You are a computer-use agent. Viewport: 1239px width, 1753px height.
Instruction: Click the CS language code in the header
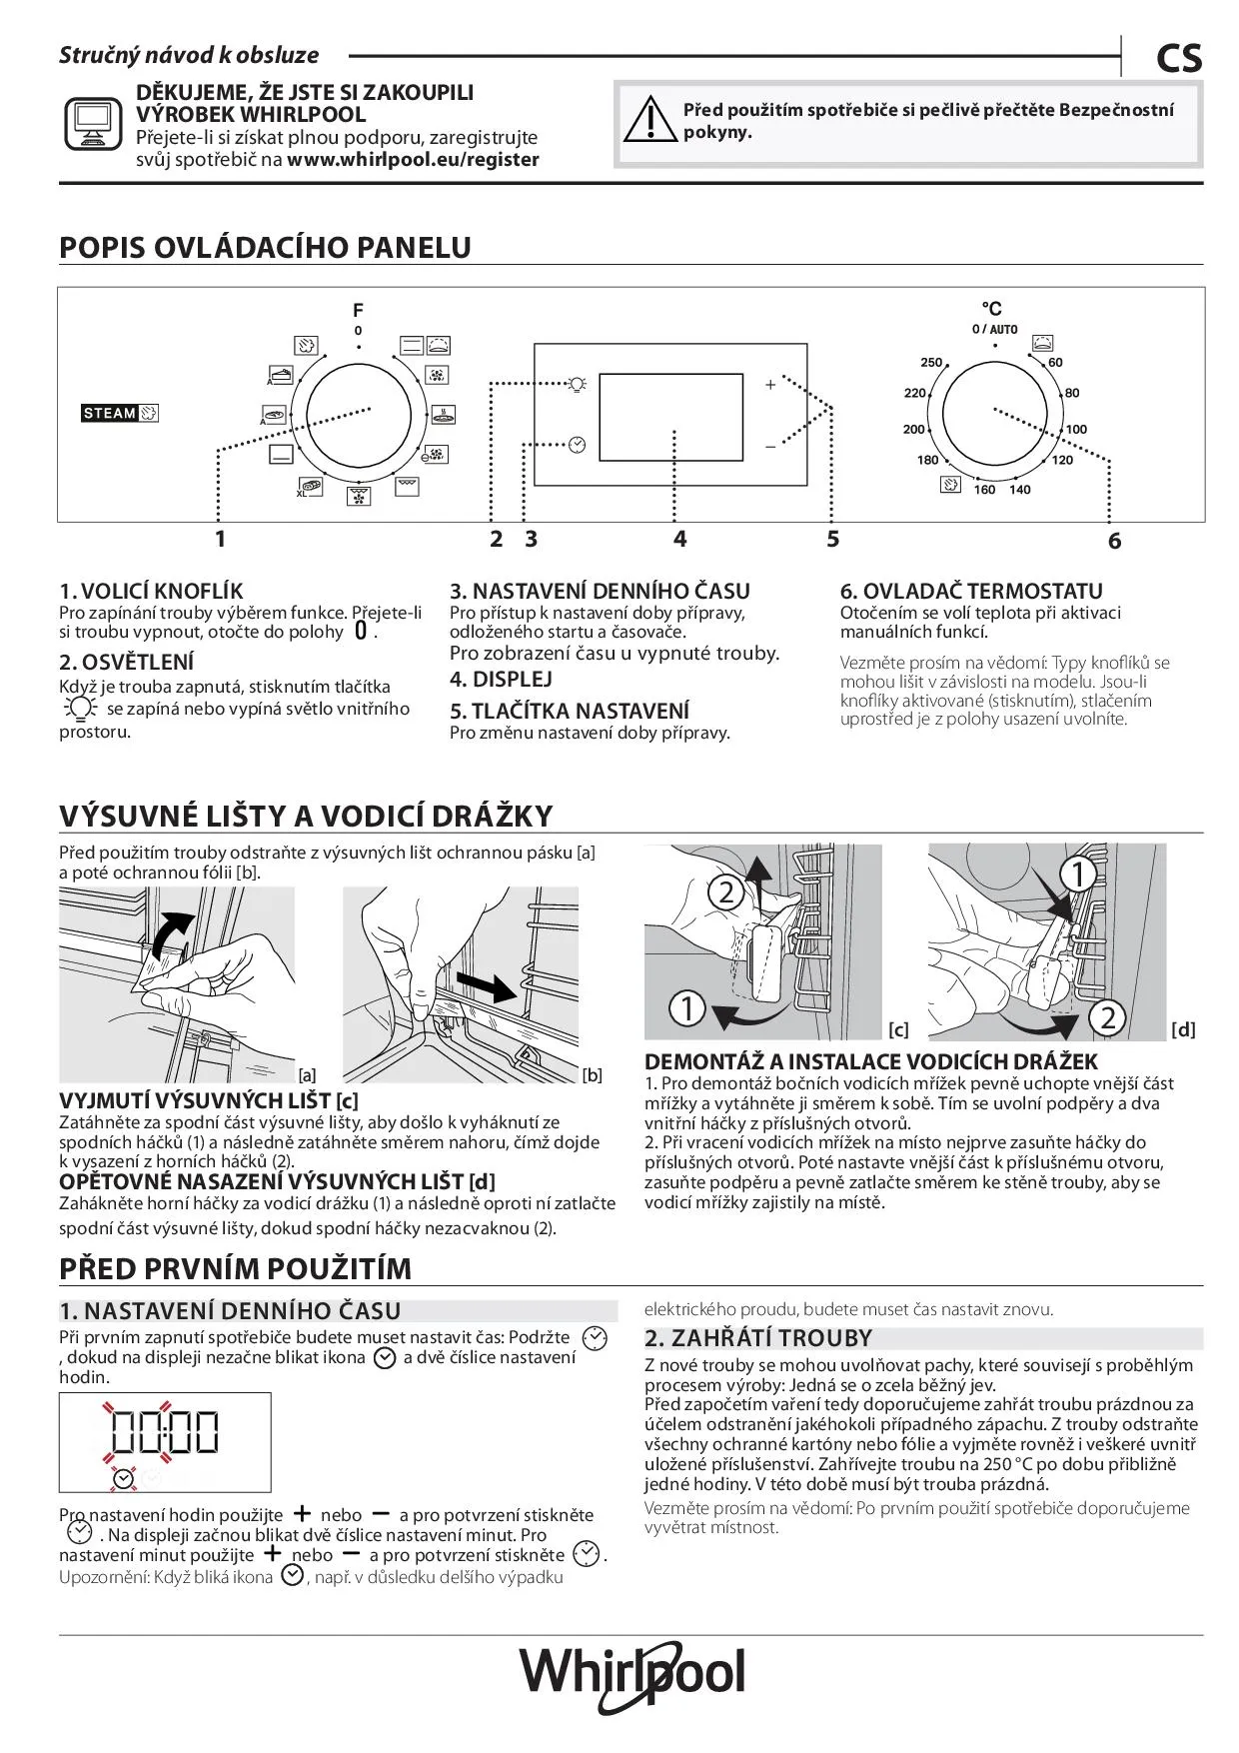[1179, 59]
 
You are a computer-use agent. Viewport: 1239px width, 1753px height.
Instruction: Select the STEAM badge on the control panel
[120, 413]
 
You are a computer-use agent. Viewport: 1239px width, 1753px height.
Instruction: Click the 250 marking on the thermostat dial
[931, 363]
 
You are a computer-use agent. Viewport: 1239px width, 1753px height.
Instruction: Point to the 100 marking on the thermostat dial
[1076, 430]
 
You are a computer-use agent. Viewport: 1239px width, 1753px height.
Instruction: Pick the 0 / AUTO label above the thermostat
[994, 330]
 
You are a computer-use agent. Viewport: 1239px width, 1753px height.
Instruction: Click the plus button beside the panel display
[770, 385]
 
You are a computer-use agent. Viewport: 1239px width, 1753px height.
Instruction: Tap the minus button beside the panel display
[770, 447]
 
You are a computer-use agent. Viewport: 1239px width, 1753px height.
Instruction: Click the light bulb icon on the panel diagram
[577, 384]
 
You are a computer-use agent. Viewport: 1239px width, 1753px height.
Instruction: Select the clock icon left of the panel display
[577, 445]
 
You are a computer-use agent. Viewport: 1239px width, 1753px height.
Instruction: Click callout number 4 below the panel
[679, 540]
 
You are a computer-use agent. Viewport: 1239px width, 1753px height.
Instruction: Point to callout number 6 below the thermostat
[1114, 542]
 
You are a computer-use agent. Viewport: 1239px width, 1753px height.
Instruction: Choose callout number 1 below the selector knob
[220, 540]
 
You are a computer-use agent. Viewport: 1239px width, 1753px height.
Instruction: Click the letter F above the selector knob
[358, 310]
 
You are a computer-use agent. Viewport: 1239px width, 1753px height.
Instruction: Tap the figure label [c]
[898, 1029]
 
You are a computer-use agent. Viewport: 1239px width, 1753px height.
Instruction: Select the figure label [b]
[593, 1075]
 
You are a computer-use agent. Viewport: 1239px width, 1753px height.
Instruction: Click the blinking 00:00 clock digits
[165, 1431]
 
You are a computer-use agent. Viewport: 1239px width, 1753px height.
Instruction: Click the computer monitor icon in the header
[93, 124]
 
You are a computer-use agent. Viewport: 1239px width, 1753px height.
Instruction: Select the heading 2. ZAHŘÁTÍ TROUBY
[758, 1339]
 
